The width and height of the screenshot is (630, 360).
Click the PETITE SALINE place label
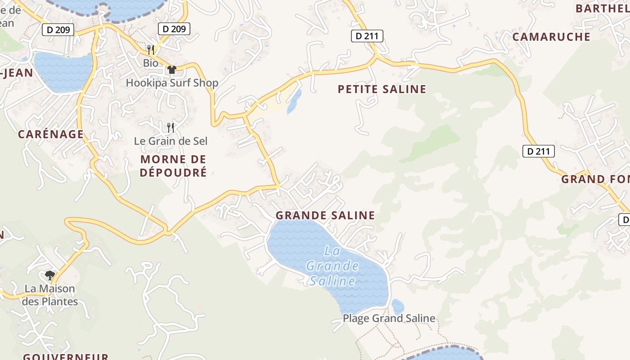[382, 89]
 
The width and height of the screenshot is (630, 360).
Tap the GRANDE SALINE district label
[325, 216]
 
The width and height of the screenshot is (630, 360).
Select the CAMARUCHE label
[551, 37]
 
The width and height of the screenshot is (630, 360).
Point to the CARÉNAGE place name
[51, 134]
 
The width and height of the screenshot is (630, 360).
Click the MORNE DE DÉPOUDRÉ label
[173, 166]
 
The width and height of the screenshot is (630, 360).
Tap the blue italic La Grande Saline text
[333, 266]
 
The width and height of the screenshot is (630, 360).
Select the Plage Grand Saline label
[389, 319]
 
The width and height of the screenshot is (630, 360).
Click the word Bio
[151, 63]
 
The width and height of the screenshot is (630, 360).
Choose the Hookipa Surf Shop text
[172, 83]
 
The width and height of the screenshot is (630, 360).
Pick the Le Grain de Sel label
[171, 141]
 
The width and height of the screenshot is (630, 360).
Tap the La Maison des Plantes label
[50, 295]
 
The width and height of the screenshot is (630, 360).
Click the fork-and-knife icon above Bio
[151, 49]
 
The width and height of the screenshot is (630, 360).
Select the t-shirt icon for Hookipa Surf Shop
[171, 70]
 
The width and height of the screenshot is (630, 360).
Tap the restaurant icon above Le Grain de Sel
[171, 128]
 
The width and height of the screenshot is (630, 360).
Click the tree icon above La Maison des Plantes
[50, 275]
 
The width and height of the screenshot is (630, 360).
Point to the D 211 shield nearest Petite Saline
[367, 36]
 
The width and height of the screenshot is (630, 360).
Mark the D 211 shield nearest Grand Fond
[538, 151]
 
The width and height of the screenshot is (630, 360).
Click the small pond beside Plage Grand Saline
[398, 307]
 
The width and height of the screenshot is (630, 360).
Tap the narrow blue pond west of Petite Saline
[294, 101]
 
